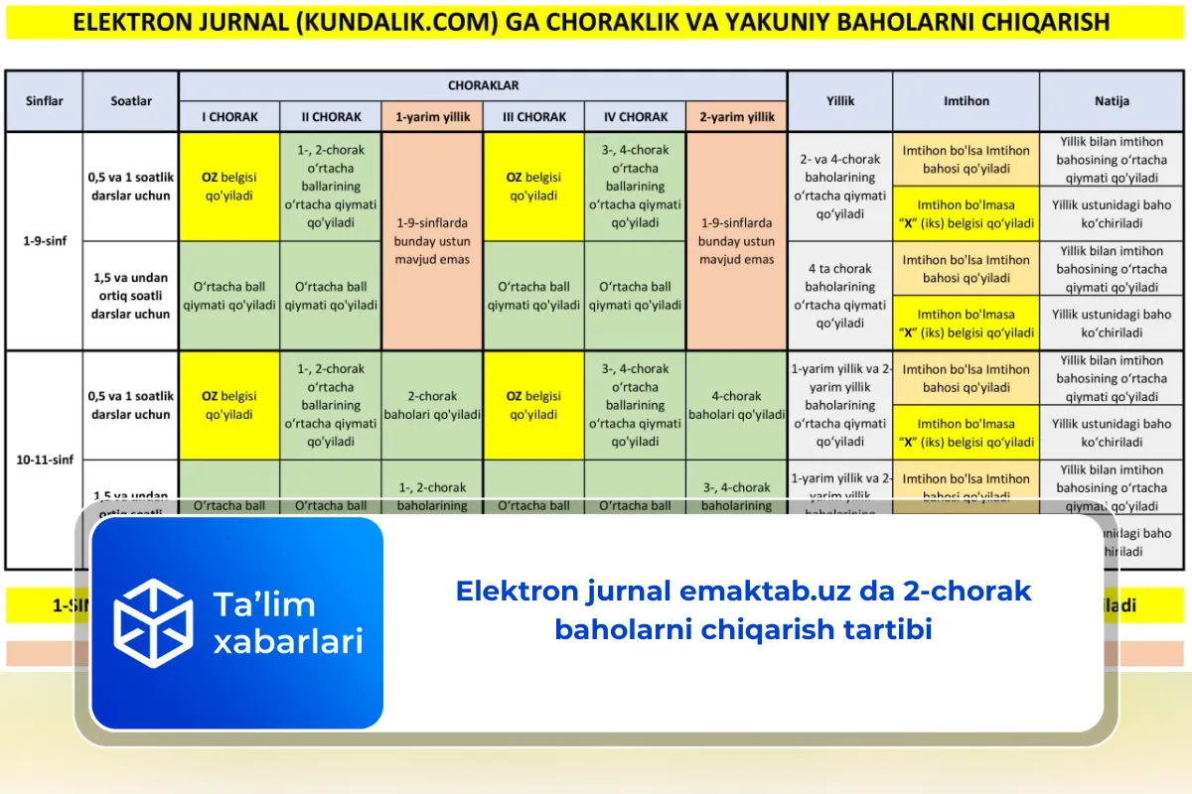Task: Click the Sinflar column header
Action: [x=44, y=100]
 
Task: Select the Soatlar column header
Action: [x=131, y=100]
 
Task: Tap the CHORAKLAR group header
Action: [x=483, y=85]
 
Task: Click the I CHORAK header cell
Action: [x=229, y=116]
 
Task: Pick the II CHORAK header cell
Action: [x=331, y=116]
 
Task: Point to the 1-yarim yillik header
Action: [x=432, y=116]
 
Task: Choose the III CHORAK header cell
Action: [x=534, y=116]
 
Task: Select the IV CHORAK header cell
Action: [x=636, y=116]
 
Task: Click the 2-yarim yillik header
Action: [x=736, y=116]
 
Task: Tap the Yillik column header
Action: [x=840, y=100]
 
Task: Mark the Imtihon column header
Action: [x=966, y=100]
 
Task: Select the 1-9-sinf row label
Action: [x=44, y=241]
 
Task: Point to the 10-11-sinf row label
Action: [x=44, y=460]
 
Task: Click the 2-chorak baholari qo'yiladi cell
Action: [x=432, y=405]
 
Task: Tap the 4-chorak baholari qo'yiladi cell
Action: [x=736, y=405]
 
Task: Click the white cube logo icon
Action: [x=153, y=623]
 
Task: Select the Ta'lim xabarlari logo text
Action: [x=287, y=623]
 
